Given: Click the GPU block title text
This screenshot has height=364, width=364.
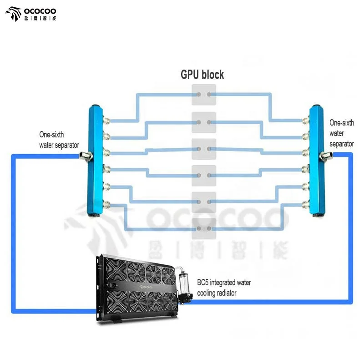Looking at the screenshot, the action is point(202,75).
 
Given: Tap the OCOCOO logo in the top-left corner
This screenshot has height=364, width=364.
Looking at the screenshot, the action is point(30,14).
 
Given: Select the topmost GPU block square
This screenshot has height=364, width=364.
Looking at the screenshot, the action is point(204,95).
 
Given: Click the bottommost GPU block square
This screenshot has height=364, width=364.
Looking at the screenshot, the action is point(204,229).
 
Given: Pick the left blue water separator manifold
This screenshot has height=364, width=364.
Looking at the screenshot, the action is point(95,161).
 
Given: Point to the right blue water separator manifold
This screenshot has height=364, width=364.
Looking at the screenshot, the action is point(317,161).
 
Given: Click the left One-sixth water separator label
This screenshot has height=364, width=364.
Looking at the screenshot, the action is point(59,140).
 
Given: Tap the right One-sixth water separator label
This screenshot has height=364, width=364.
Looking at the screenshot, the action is point(342,133).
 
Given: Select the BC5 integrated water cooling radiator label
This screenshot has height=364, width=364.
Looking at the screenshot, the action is point(224,288).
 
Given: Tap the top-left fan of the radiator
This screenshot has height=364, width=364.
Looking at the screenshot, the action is point(116,269).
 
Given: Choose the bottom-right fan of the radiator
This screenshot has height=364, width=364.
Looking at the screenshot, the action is point(170,302).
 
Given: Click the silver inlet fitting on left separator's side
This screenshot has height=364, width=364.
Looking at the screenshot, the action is point(86,156).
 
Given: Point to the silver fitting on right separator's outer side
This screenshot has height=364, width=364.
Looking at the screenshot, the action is point(326,156).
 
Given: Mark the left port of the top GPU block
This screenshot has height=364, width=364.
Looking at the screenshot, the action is point(199,95).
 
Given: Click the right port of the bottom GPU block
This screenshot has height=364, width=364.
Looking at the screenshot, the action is point(209,229).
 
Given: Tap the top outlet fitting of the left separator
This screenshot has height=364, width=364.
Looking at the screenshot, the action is point(106,121).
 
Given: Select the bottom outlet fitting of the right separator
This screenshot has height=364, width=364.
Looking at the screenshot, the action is point(305,204).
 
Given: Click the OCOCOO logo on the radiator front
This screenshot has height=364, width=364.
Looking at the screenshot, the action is point(146,287).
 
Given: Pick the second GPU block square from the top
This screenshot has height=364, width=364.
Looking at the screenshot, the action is point(204,122).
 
